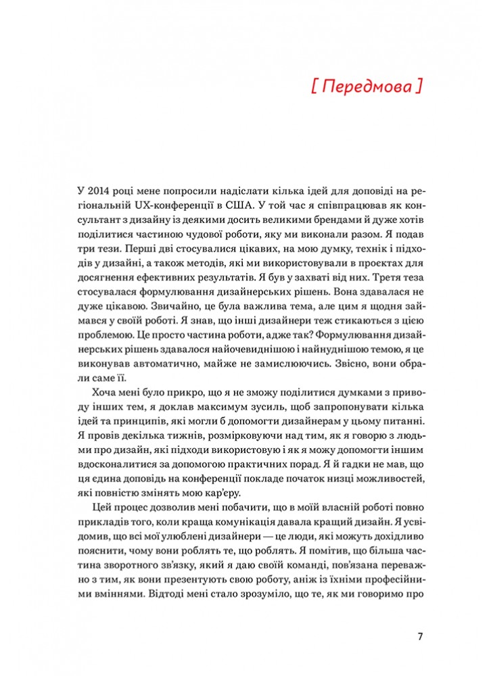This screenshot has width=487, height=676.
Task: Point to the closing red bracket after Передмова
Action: [x=419, y=87]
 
